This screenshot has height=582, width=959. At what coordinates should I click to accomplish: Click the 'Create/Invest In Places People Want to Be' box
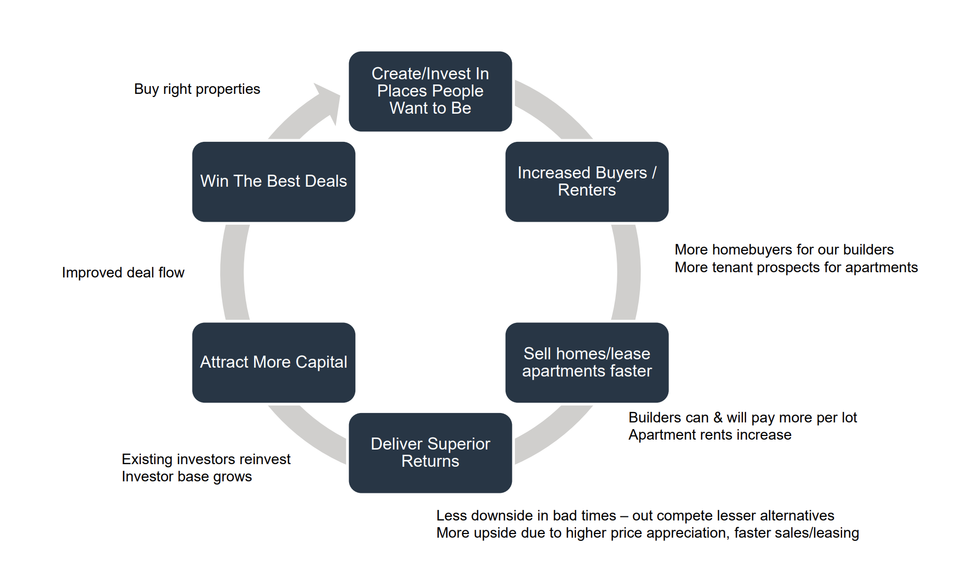[430, 91]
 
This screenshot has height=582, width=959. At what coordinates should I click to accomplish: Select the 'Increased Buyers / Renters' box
[587, 181]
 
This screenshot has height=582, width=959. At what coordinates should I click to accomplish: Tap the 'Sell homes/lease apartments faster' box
[587, 362]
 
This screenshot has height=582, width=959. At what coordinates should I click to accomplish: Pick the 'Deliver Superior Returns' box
[430, 453]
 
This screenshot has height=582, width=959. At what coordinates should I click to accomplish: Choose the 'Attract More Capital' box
[274, 362]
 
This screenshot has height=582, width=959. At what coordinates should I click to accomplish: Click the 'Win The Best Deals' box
[274, 181]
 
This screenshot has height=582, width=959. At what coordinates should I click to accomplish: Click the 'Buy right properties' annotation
[197, 89]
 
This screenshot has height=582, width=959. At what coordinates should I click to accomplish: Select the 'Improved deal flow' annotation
[123, 272]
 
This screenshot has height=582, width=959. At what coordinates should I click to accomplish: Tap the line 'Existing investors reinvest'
[206, 459]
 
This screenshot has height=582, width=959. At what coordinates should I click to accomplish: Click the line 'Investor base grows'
[187, 477]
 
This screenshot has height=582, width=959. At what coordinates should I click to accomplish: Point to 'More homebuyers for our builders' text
[784, 249]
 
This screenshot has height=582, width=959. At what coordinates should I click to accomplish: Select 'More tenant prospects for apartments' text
[796, 267]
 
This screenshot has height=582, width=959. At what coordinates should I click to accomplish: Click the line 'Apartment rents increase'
[710, 435]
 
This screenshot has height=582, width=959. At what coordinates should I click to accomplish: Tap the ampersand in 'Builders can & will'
[718, 418]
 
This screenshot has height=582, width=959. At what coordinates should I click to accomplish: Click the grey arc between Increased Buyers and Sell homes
[628, 272]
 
